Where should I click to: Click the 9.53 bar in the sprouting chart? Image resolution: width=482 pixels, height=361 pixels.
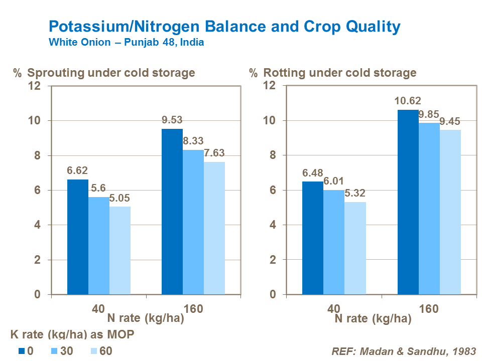pos(172,211)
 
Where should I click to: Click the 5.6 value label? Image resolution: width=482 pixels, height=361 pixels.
pos(98,188)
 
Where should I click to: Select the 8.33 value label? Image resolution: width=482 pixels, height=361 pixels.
pos(193,141)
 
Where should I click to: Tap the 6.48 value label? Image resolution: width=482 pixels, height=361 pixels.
pos(313,172)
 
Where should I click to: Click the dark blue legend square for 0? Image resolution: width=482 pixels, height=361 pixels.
pos(22,351)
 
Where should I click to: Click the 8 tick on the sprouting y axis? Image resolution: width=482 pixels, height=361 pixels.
pos(37,155)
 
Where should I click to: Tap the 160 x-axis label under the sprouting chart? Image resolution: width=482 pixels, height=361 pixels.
pos(193,309)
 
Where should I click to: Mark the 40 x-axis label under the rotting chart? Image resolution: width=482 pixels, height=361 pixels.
pos(334,309)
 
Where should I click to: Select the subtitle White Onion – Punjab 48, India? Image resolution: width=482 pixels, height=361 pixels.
pos(127,43)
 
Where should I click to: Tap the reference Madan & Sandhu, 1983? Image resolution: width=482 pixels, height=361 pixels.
pos(404,351)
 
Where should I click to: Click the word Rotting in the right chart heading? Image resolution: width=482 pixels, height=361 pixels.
pos(284,73)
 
